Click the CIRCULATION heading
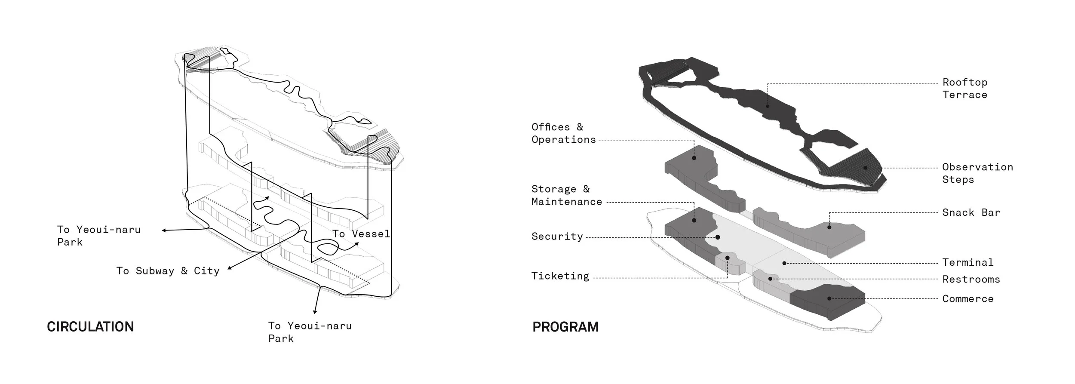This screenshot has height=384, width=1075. point(90,327)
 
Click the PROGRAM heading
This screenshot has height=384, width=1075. point(565,327)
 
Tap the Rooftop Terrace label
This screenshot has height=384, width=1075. point(964,89)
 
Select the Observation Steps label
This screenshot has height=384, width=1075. point(977,173)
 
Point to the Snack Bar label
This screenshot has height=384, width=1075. point(971,212)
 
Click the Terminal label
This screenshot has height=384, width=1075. point(967,262)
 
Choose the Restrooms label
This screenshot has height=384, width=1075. point(971,280)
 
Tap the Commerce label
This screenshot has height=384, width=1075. point(967,299)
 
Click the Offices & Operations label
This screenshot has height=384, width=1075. point(563,133)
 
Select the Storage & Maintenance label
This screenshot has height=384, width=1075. point(566,195)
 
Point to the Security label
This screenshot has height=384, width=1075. point(557,237)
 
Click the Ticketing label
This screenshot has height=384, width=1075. point(560,276)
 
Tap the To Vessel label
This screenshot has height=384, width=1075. point(361,234)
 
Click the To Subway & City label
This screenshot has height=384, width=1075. point(168,271)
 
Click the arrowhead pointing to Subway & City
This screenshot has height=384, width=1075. point(230,268)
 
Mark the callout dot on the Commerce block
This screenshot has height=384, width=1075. point(829,298)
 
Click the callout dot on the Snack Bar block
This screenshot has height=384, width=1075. point(829,227)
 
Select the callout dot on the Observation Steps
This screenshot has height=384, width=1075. point(865,168)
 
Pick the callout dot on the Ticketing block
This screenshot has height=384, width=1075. point(728,258)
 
